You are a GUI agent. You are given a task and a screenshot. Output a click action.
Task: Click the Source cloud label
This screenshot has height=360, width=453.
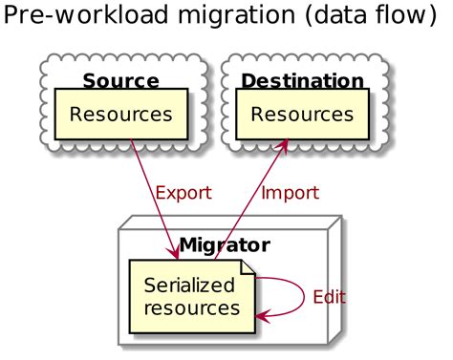point(120,80)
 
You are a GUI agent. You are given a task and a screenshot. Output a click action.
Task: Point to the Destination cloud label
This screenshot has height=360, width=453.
point(302,80)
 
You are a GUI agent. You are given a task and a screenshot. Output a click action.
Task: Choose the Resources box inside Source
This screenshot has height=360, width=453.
point(120,115)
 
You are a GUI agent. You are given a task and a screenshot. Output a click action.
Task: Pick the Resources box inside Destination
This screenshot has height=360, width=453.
point(302,115)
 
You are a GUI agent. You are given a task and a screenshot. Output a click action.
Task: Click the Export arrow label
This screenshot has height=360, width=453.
point(183,193)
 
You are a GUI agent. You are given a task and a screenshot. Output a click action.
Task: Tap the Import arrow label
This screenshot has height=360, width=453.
point(290,193)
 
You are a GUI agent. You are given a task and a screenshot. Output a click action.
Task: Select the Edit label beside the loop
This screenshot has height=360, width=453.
point(329,297)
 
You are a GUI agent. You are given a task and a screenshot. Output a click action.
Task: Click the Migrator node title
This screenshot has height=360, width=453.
point(224,245)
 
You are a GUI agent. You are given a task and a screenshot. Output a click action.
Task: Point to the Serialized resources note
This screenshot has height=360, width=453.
point(192,297)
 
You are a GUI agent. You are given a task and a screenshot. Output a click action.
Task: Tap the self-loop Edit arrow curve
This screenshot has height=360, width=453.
point(302,295)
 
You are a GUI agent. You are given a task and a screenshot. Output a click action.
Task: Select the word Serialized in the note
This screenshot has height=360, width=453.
point(188,286)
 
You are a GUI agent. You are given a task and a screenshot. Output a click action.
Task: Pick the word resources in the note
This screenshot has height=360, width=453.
point(191,308)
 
